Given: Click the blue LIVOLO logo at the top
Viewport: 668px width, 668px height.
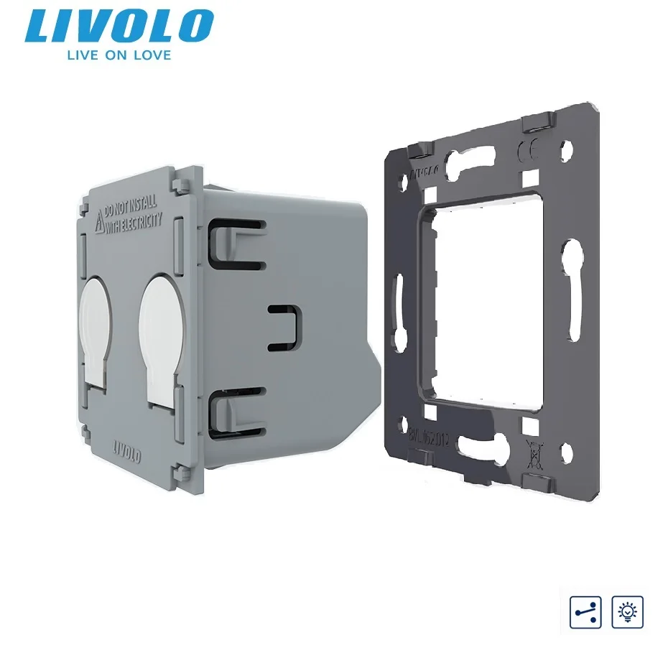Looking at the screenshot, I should click(x=119, y=26).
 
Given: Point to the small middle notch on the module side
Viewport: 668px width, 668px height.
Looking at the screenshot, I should click(x=283, y=328).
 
